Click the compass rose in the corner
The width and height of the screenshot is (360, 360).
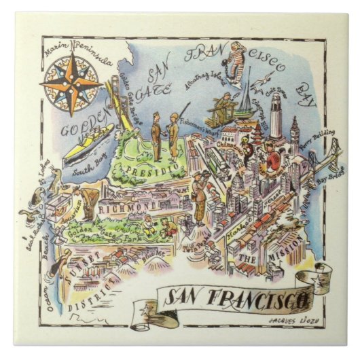point(71,86)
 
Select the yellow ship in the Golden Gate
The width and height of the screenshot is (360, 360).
point(88,143)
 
